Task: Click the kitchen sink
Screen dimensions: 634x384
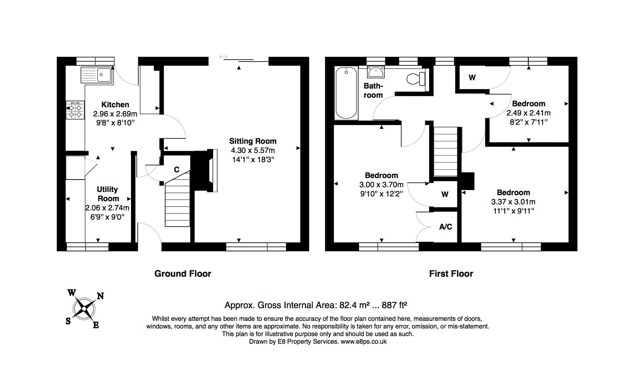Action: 97,75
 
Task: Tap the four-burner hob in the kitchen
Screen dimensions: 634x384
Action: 75,110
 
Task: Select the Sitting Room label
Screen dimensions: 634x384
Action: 253,141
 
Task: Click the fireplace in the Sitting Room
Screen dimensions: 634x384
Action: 206,171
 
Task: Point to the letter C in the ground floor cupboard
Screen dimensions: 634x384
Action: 177,170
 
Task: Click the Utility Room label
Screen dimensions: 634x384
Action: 108,194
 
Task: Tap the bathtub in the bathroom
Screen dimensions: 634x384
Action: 346,93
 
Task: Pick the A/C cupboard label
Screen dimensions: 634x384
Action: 446,227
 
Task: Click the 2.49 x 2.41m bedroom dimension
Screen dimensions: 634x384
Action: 528,113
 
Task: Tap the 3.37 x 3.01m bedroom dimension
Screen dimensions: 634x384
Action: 513,202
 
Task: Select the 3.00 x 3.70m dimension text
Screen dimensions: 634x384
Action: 381,185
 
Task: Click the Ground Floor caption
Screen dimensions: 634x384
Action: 183,274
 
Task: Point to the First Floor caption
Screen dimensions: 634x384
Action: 451,274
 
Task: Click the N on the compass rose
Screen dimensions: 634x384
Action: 100,296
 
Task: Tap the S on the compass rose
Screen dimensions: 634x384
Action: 68,321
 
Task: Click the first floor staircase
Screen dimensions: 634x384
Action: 446,151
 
